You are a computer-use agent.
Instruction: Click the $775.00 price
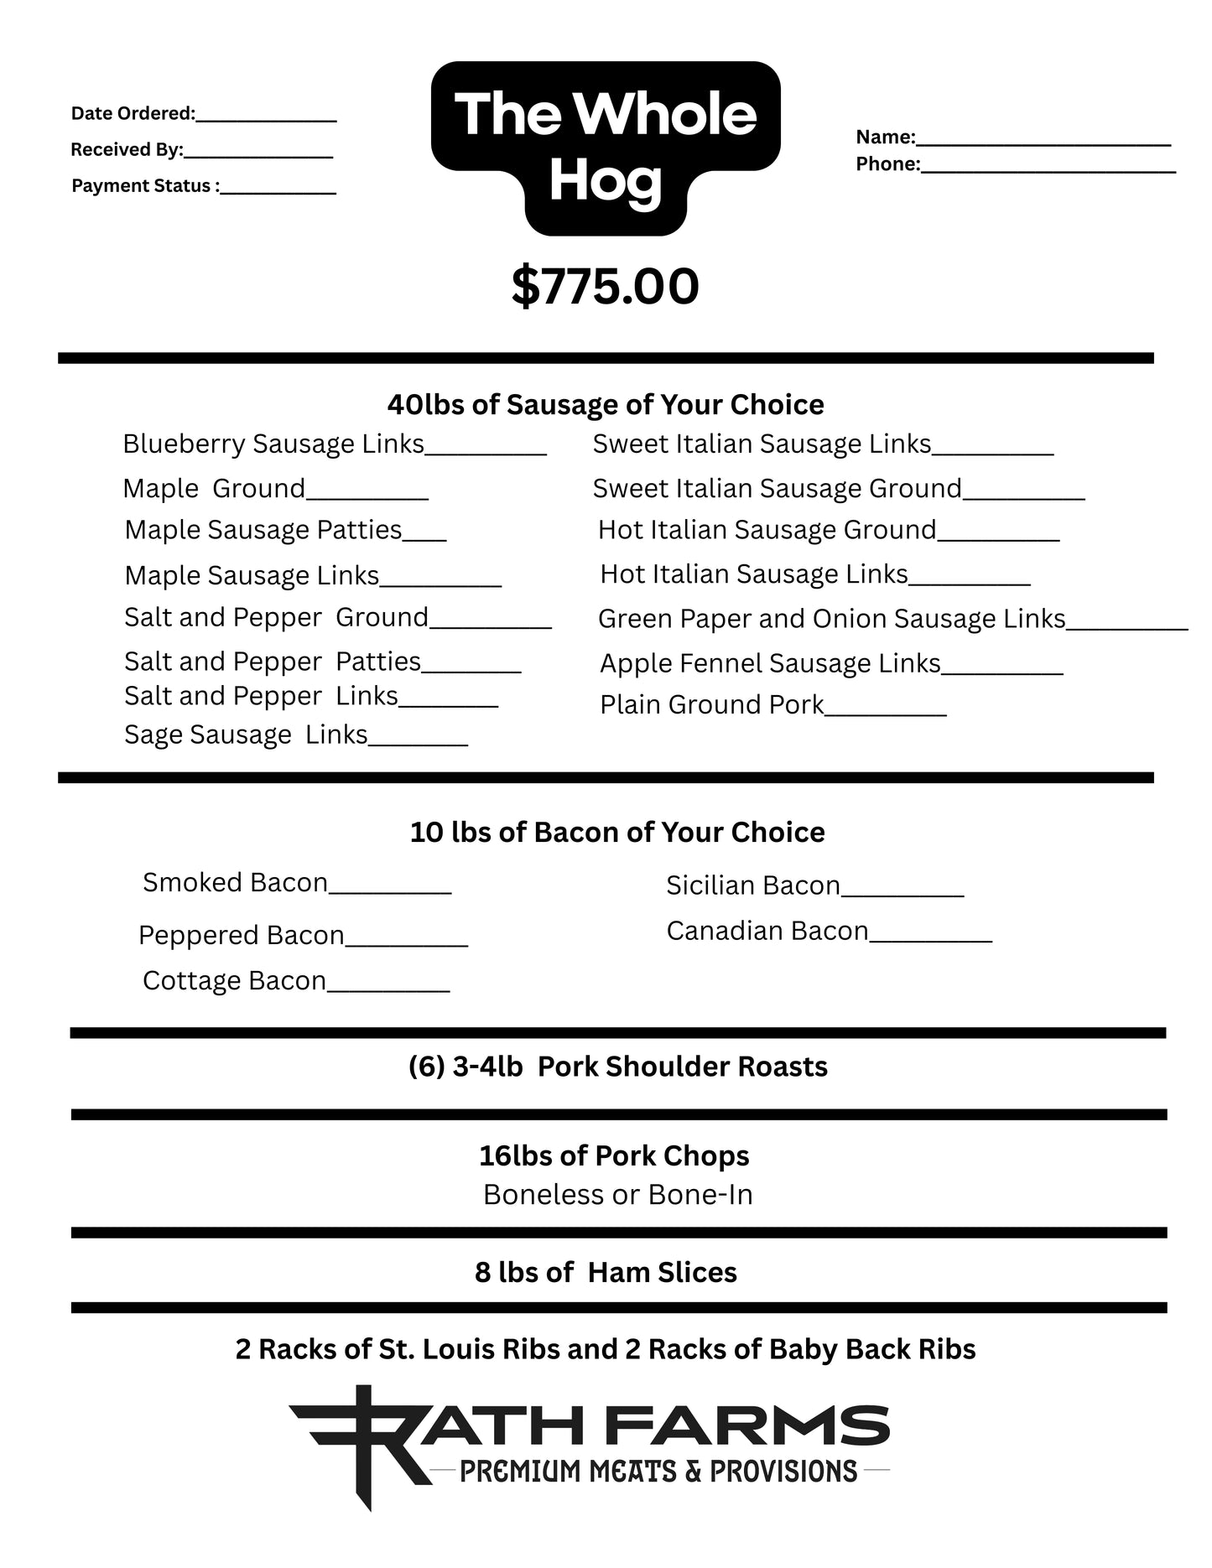pyautogui.click(x=605, y=287)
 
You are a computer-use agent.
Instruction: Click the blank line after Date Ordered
pyautogui.click(x=266, y=117)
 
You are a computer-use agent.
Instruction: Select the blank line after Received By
pyautogui.click(x=257, y=153)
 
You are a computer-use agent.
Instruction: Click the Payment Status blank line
pyautogui.click(x=278, y=190)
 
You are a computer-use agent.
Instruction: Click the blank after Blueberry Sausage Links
pyautogui.click(x=486, y=449)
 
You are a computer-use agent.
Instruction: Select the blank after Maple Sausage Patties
pyautogui.click(x=424, y=537)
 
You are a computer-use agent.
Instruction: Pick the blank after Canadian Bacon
pyautogui.click(x=930, y=937)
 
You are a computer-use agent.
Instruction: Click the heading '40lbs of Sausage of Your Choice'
pyautogui.click(x=605, y=405)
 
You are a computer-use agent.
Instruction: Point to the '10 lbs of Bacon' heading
pyautogui.click(x=616, y=833)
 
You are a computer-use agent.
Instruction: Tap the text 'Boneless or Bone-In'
pyautogui.click(x=617, y=1195)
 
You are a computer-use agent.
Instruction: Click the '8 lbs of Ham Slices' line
pyautogui.click(x=605, y=1273)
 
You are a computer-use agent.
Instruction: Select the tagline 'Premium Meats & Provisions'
pyautogui.click(x=658, y=1472)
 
